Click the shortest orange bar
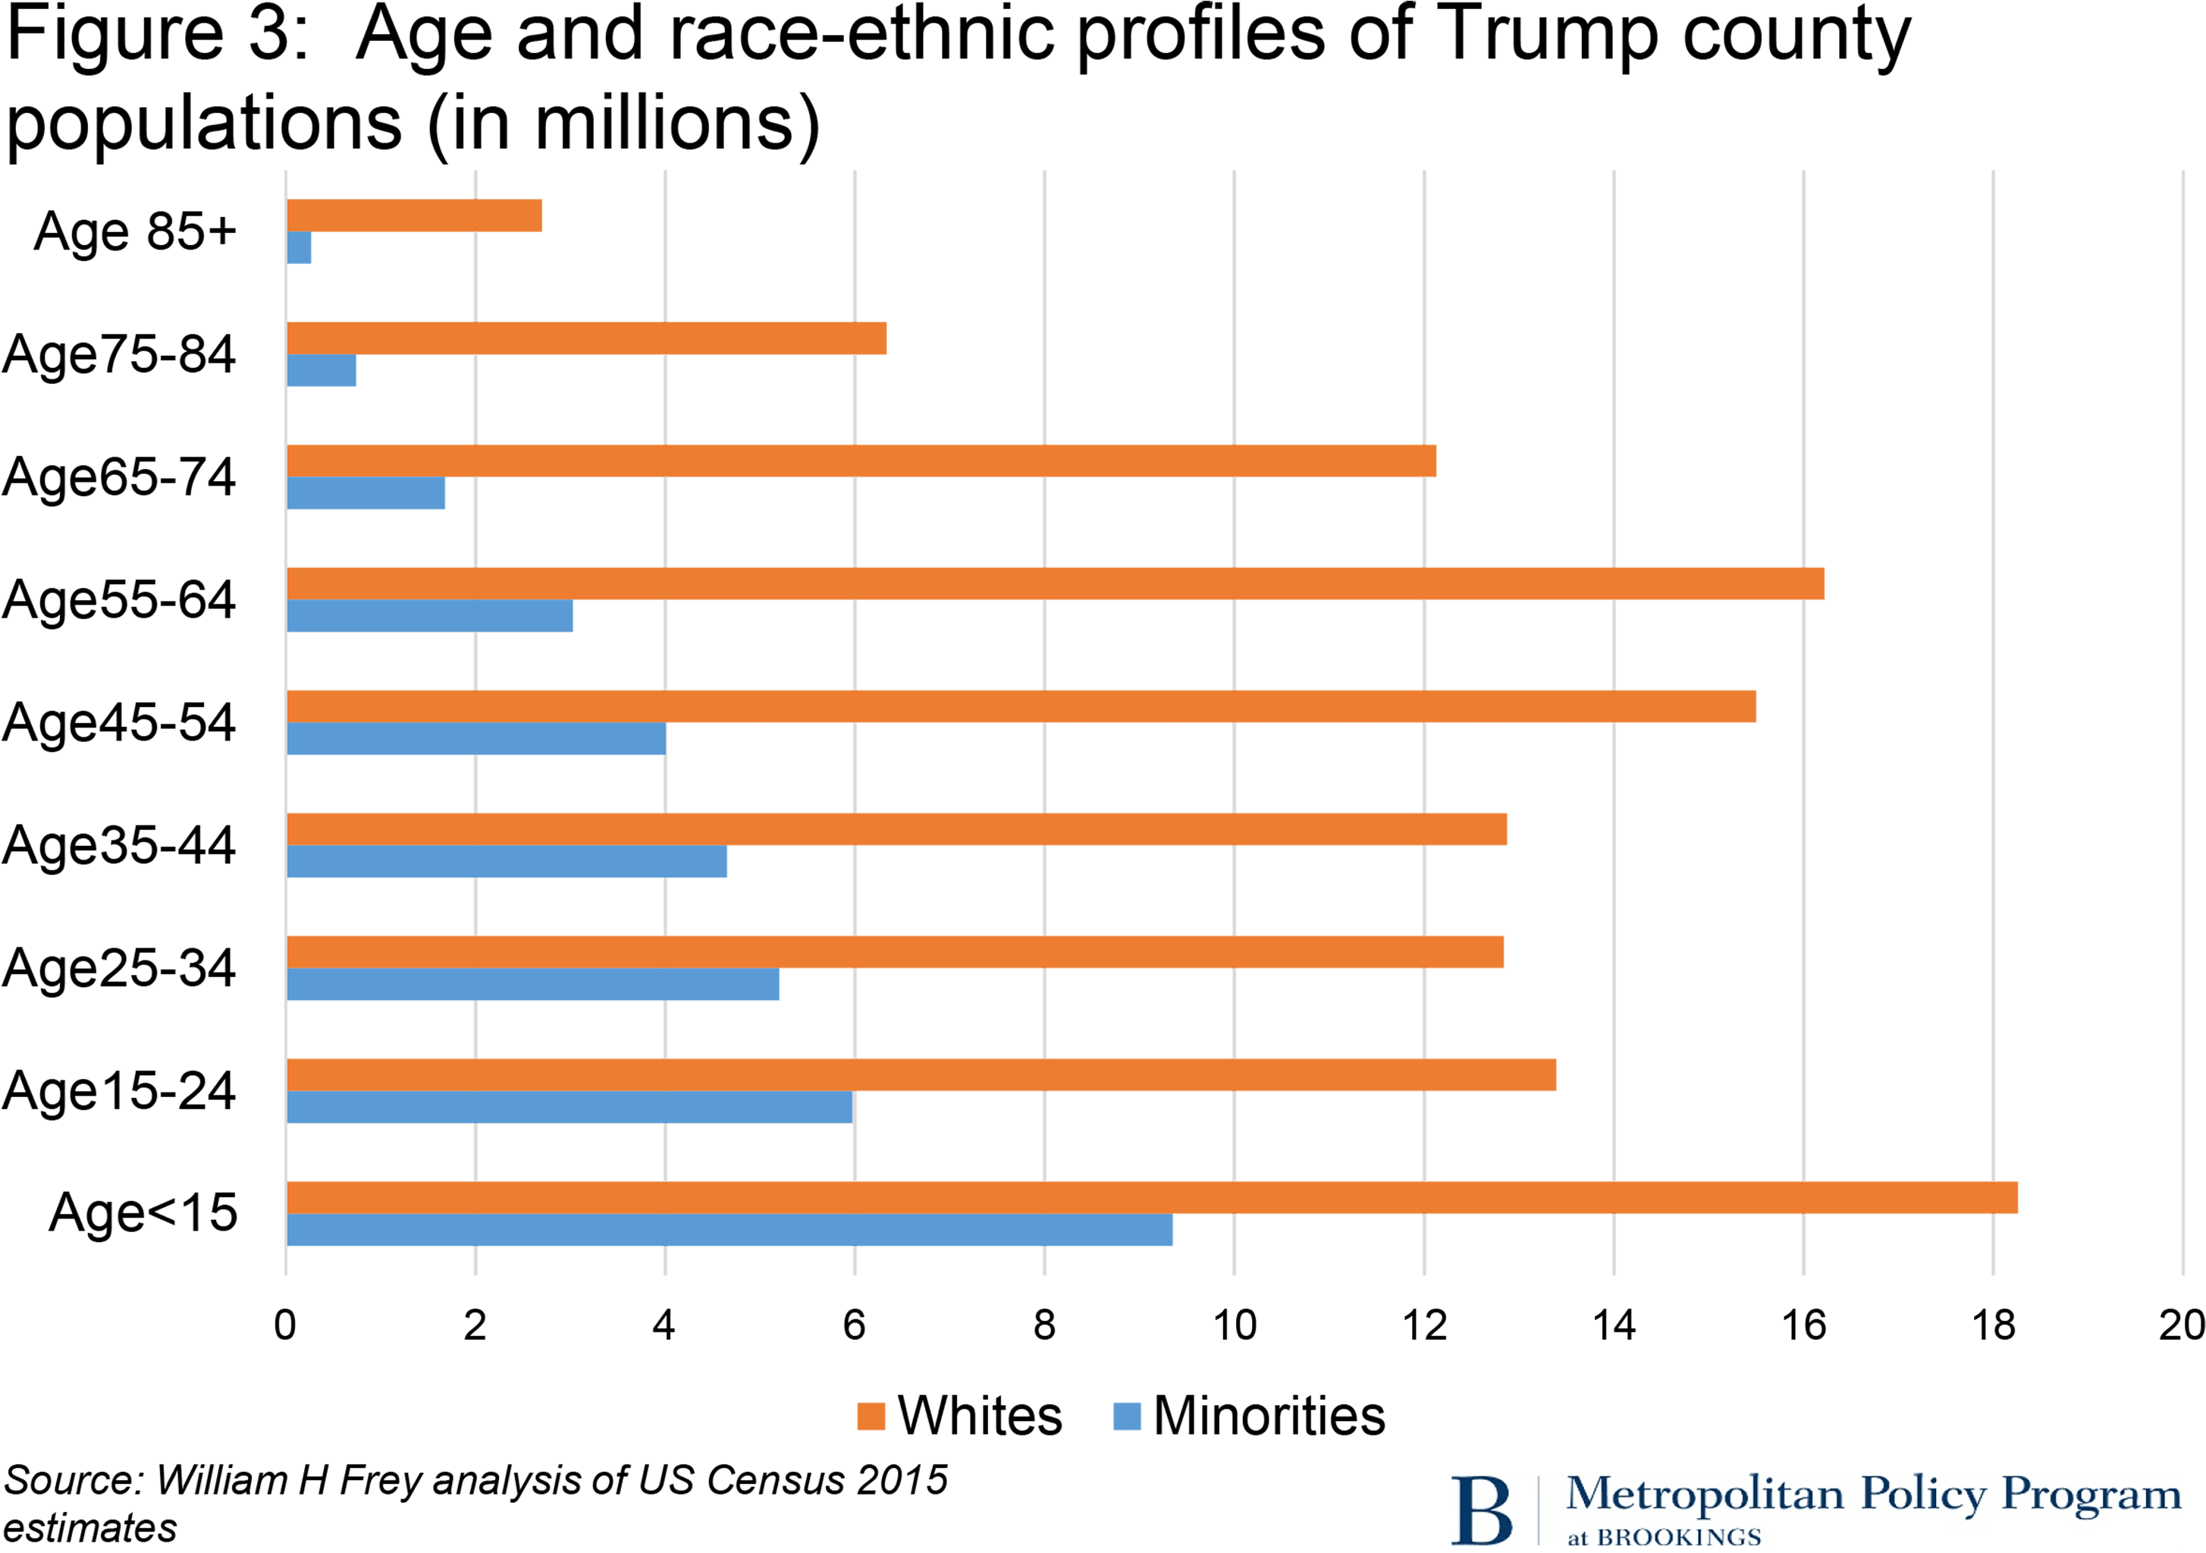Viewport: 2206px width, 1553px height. [x=414, y=215]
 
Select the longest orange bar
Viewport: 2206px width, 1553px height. [x=1152, y=1197]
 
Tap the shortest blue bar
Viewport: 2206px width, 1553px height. [x=300, y=248]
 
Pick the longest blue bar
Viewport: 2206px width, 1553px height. [x=730, y=1231]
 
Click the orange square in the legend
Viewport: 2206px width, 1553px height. [x=871, y=1416]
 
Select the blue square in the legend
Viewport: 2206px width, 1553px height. [x=1127, y=1416]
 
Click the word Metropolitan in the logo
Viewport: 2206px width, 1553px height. [x=1705, y=1495]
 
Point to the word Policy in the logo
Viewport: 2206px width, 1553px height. [x=1924, y=1495]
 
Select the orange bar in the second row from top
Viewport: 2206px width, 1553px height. [x=586, y=338]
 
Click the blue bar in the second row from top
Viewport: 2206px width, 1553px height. [x=322, y=371]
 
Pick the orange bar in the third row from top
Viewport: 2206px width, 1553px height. [x=861, y=461]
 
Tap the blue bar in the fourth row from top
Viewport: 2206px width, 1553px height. [x=429, y=617]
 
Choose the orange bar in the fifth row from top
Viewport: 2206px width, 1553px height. [x=1021, y=706]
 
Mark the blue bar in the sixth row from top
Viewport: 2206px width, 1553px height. [x=507, y=862]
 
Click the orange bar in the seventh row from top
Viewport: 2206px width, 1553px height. [x=896, y=951]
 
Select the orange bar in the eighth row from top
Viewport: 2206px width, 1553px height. [x=921, y=1074]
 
